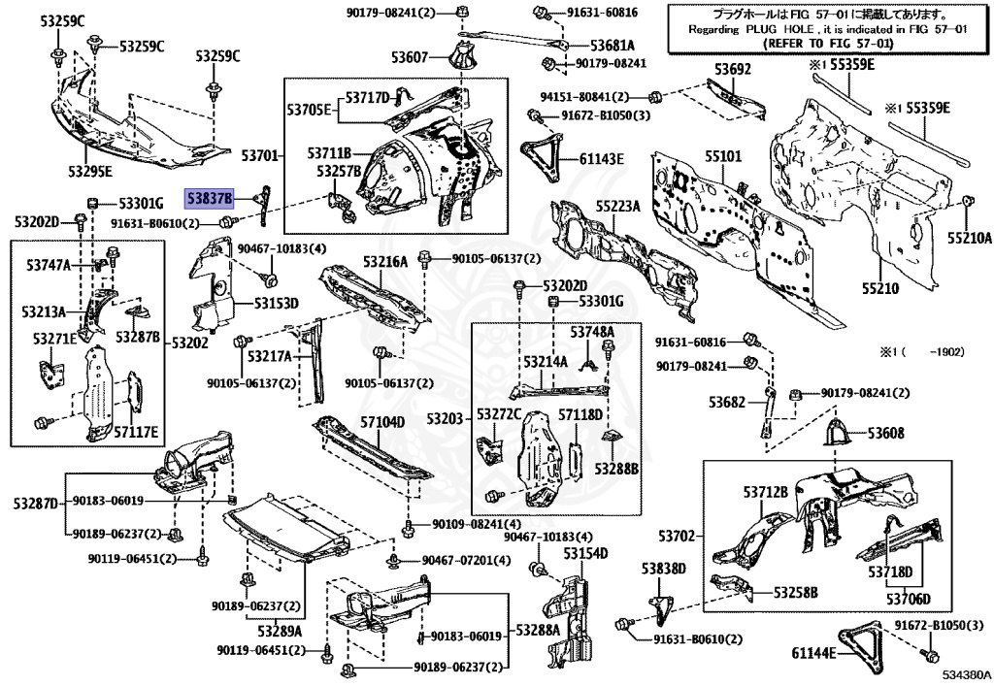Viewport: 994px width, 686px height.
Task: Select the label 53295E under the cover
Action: click(x=89, y=173)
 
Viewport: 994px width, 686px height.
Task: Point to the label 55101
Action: click(x=723, y=156)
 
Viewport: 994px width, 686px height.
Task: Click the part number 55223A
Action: click(x=618, y=207)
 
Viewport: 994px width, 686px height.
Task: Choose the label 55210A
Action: click(x=971, y=237)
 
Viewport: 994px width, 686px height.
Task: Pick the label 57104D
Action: click(x=382, y=422)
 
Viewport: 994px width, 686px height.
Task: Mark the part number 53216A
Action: click(x=385, y=262)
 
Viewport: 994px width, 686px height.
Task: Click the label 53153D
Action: click(x=277, y=304)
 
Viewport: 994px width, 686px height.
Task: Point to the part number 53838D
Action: click(x=663, y=568)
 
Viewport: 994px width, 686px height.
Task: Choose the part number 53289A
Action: click(x=280, y=630)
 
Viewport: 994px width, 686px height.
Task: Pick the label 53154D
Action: click(x=585, y=553)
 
